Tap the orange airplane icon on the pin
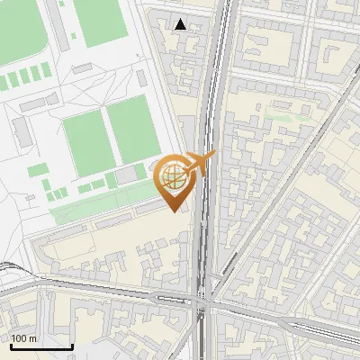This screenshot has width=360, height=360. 200,162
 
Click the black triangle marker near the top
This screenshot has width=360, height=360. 181,24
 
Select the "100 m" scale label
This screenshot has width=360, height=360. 24,338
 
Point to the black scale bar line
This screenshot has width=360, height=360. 41,346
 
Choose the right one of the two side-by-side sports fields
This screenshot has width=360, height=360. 132,129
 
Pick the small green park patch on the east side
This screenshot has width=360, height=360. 284,116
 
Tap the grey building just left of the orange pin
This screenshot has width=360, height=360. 129,174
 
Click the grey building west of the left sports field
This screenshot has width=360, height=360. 22,133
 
